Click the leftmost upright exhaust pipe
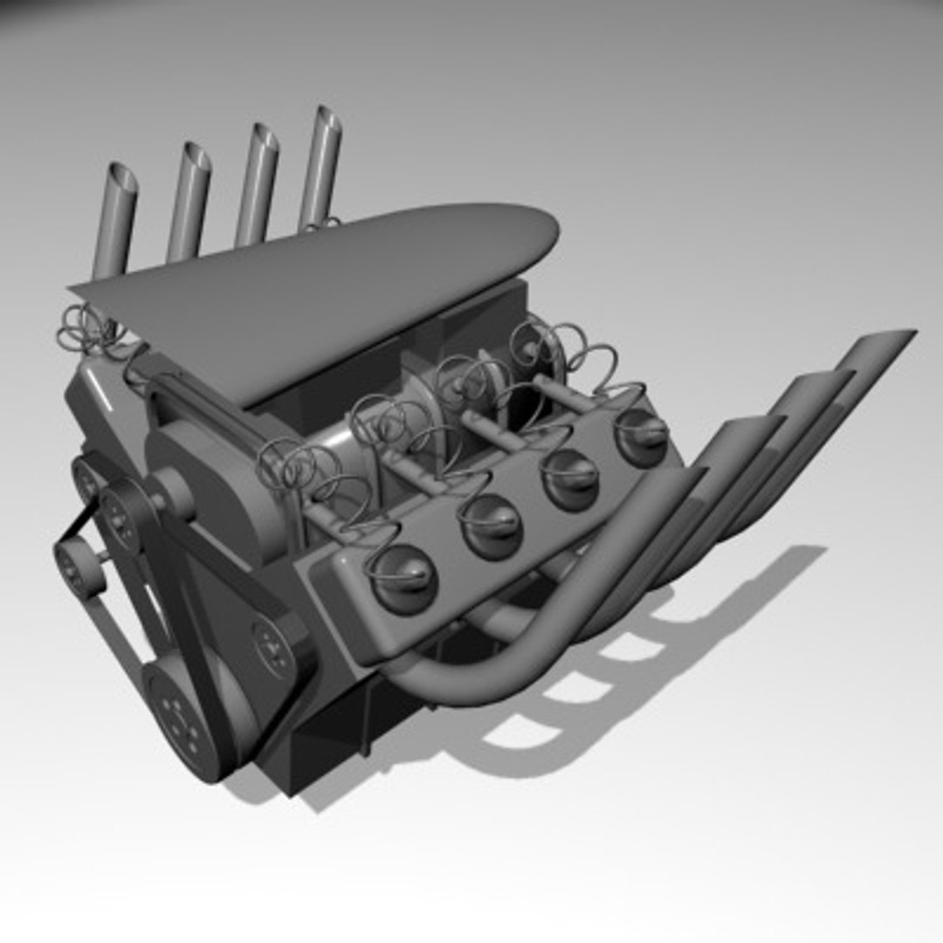tap(114, 222)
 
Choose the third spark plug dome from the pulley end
tap(569, 478)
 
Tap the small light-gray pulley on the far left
tap(77, 568)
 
